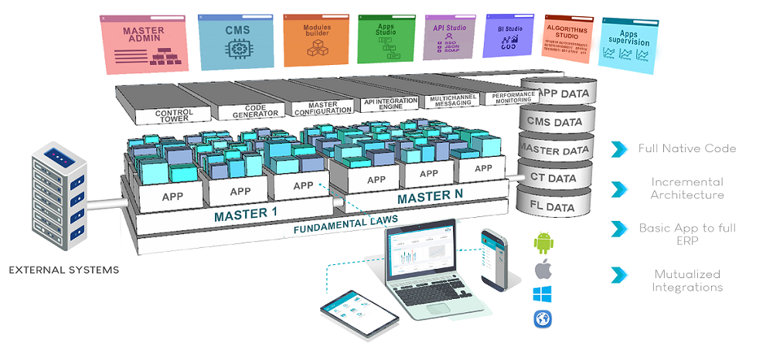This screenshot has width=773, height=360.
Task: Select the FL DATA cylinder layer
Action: [x=554, y=207]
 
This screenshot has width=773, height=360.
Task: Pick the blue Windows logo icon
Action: [x=543, y=294]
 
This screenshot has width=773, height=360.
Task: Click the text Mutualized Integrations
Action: [x=687, y=280]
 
